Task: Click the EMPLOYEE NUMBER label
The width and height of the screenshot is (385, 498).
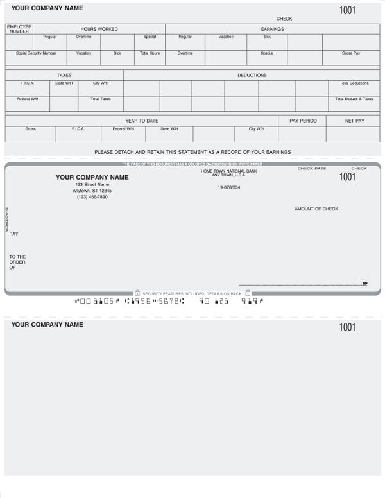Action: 19,29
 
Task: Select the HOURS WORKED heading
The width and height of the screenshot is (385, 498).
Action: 99,29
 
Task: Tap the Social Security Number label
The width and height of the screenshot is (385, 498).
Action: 36,53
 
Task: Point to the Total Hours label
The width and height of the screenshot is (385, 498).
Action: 150,53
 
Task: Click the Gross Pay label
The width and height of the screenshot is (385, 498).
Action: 351,53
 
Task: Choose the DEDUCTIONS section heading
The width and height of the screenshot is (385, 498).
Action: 252,75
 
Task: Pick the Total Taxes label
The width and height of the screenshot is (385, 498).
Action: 101,99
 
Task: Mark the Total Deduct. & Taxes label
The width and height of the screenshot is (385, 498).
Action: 354,99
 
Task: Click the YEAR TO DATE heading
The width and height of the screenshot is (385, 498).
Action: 142,121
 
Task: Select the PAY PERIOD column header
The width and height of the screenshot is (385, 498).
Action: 303,121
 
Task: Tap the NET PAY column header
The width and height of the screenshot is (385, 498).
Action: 354,121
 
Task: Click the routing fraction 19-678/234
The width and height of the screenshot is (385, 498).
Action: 228,187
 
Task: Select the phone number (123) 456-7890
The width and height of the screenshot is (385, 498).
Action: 92,197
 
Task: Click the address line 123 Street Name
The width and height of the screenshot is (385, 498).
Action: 92,185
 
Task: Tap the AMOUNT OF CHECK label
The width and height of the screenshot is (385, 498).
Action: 316,209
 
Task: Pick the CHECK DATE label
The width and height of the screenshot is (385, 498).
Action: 311,168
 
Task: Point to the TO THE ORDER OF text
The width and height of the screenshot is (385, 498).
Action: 17,262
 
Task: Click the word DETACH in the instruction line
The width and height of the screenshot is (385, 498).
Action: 132,152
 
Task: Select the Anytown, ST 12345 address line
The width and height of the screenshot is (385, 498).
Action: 92,191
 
